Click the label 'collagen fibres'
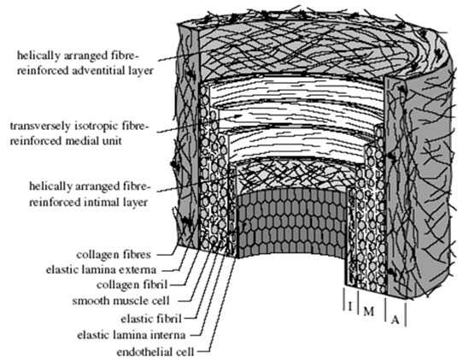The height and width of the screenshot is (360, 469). (x=114, y=255)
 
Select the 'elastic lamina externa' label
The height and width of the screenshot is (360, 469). (x=101, y=269)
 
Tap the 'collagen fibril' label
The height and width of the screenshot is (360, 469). (x=132, y=285)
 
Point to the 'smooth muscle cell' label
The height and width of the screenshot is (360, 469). (x=120, y=300)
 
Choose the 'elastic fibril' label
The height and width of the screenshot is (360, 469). (x=151, y=319)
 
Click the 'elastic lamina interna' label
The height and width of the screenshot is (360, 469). (x=132, y=334)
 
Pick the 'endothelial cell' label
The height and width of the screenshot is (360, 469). (x=155, y=351)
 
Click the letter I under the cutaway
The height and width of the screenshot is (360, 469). (x=350, y=306)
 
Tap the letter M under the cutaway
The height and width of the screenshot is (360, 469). (x=369, y=311)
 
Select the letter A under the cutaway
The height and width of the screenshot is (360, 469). (x=396, y=320)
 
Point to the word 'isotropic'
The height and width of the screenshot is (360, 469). (x=97, y=127)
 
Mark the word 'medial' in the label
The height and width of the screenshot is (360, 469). (x=82, y=140)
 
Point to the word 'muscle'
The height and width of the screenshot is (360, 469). (x=128, y=300)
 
